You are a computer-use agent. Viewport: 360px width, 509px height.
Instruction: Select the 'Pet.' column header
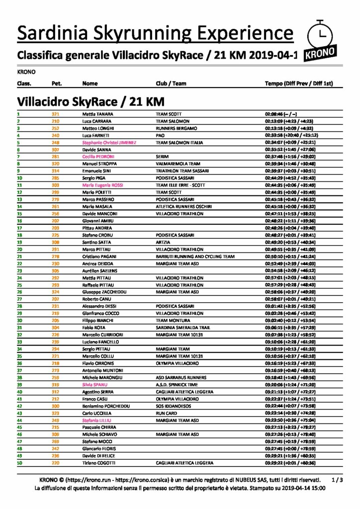(x=57, y=84)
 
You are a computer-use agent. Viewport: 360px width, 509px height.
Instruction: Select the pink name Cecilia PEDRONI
(x=99, y=156)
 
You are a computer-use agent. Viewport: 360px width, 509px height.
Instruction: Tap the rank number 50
(x=20, y=463)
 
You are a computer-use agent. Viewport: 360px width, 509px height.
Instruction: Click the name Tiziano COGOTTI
(x=99, y=463)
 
